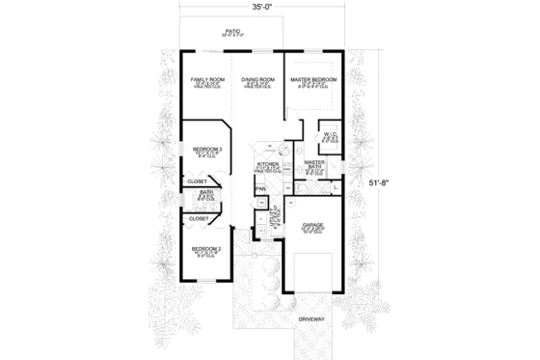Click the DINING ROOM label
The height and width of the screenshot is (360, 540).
coord(258,78)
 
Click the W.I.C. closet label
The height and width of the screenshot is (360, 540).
coord(329,135)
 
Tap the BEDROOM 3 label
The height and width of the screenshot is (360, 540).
coord(206,149)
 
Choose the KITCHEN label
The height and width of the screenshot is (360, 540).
coord(267,165)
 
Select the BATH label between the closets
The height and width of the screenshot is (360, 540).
coord(205,192)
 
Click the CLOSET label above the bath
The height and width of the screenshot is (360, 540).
coord(199,180)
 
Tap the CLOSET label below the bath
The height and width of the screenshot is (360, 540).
coord(199,219)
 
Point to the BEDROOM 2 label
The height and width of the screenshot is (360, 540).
coord(206,248)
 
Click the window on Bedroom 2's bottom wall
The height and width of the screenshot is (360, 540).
coord(204,281)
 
